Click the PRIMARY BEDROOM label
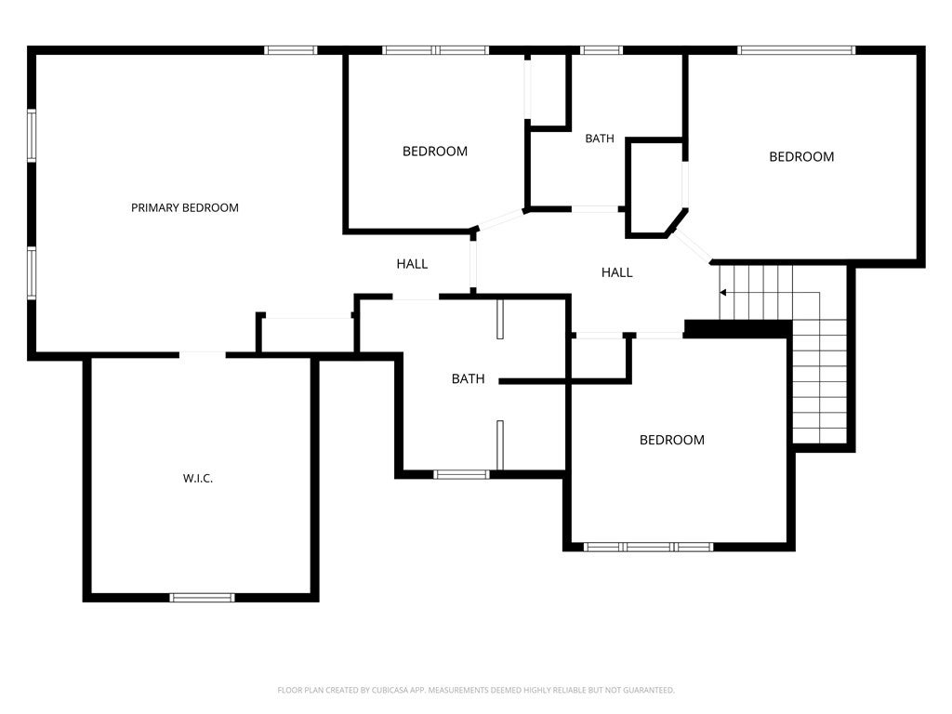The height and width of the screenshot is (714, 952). [x=184, y=207]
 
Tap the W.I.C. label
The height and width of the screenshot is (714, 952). [x=197, y=478]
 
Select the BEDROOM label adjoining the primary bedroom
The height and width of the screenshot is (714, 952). [x=434, y=151]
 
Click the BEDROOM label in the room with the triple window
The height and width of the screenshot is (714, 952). [x=671, y=440]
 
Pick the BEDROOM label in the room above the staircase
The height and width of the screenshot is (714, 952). [x=800, y=156]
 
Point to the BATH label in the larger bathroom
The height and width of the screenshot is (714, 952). [x=468, y=378]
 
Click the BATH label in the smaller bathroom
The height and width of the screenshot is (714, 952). [x=599, y=139]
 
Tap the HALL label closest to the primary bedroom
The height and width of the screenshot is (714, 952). [x=412, y=264]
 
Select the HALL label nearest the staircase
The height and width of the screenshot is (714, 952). [x=616, y=272]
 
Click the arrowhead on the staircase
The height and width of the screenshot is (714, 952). [x=722, y=292]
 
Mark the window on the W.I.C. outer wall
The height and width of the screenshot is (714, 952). [x=202, y=597]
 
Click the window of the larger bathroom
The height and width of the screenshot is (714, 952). [x=461, y=474]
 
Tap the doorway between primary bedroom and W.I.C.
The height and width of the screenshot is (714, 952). [x=202, y=353]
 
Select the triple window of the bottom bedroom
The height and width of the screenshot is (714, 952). [x=648, y=547]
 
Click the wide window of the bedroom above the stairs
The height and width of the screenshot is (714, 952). [x=796, y=50]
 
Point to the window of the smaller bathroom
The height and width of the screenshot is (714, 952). [x=602, y=50]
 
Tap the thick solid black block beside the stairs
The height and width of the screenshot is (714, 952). [x=737, y=328]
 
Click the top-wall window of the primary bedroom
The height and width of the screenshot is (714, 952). [x=291, y=50]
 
